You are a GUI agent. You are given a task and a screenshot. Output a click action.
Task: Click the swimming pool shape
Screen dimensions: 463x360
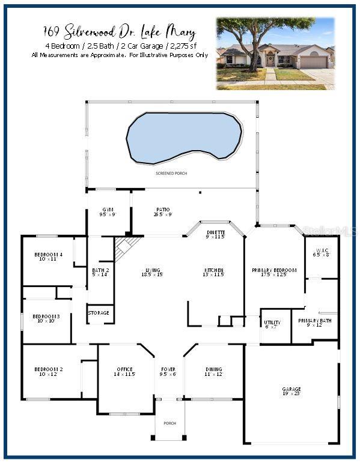[183, 137]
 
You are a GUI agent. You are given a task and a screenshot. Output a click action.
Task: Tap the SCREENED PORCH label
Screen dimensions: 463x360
[171, 173]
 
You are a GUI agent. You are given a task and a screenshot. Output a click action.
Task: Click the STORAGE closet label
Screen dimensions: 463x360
[99, 313]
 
